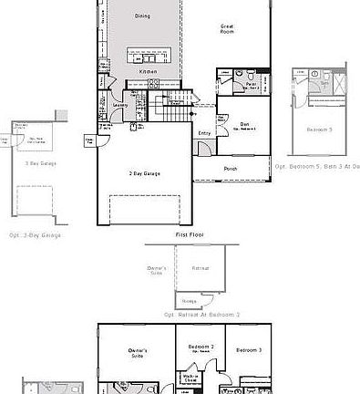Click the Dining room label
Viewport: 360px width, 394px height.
(143, 16)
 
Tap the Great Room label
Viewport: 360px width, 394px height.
(228, 28)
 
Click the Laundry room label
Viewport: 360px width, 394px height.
(119, 104)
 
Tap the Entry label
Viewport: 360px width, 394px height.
(204, 134)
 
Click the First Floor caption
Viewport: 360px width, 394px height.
(189, 234)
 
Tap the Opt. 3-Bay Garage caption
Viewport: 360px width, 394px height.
(36, 235)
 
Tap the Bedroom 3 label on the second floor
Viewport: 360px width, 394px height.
(247, 350)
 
